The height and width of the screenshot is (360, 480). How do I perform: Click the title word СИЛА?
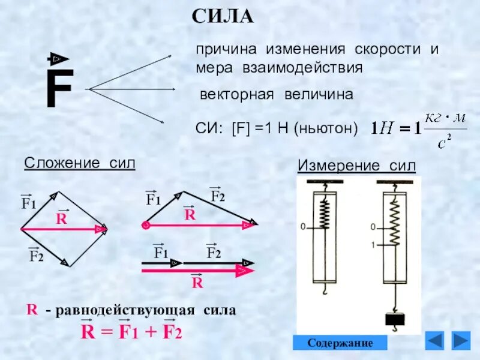223,16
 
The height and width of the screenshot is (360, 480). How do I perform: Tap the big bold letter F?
59,89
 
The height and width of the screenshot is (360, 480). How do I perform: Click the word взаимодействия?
302,67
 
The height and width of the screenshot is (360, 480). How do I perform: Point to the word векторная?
236,95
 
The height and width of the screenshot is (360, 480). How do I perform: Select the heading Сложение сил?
79,163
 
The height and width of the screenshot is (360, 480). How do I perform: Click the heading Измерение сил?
356,166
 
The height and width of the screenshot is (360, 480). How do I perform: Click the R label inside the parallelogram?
61,219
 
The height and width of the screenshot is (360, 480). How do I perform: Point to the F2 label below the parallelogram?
37,257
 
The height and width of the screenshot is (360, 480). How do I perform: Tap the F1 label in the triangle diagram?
154,199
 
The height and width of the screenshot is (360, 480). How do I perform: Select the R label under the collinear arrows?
197,283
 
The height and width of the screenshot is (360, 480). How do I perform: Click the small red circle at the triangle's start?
145,226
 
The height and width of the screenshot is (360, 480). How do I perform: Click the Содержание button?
340,343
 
